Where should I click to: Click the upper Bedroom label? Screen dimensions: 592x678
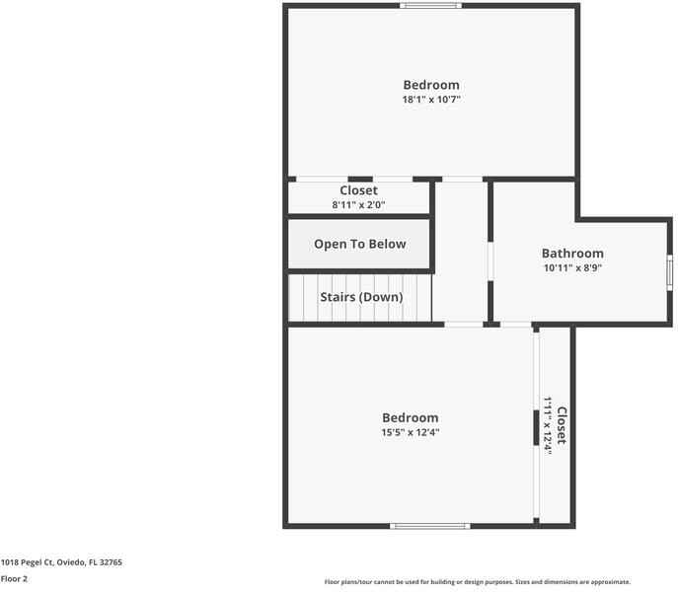pyautogui.click(x=430, y=85)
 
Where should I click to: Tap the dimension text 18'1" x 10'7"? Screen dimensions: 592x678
pyautogui.click(x=430, y=100)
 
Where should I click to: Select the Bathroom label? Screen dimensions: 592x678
pyautogui.click(x=572, y=254)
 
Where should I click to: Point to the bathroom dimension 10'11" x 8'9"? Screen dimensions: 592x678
pyautogui.click(x=572, y=267)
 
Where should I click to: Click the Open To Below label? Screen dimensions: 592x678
pyautogui.click(x=359, y=244)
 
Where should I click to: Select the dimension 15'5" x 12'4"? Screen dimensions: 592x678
pyautogui.click(x=410, y=432)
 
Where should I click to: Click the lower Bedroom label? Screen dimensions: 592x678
pyautogui.click(x=410, y=418)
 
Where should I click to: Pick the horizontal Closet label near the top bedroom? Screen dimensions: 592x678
pyautogui.click(x=358, y=190)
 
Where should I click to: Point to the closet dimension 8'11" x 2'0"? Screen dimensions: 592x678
pyautogui.click(x=358, y=205)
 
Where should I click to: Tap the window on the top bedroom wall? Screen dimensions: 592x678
pyautogui.click(x=430, y=6)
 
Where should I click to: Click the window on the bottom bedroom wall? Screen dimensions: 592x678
pyautogui.click(x=429, y=526)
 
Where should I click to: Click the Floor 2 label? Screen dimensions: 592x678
pyautogui.click(x=14, y=579)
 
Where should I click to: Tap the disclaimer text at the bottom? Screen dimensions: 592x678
pyautogui.click(x=477, y=582)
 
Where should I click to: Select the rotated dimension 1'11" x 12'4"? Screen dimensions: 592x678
pyautogui.click(x=547, y=425)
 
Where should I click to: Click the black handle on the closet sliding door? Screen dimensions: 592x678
pyautogui.click(x=537, y=427)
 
